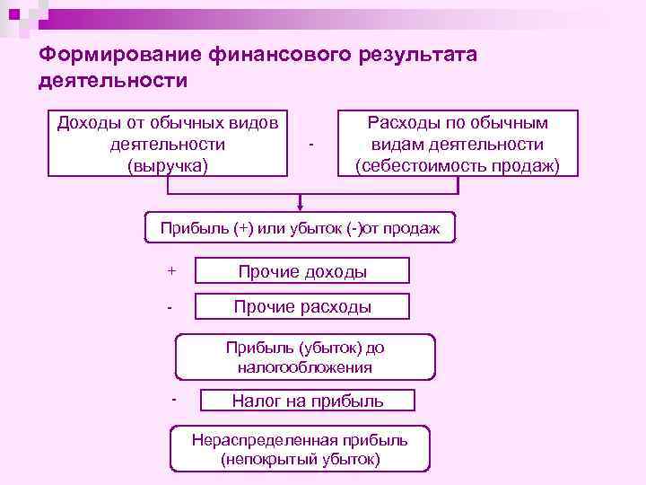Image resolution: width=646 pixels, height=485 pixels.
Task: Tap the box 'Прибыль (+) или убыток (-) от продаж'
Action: click(300, 228)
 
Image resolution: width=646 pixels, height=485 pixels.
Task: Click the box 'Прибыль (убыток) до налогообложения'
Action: click(305, 357)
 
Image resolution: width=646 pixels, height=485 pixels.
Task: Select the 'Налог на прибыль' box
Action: click(308, 401)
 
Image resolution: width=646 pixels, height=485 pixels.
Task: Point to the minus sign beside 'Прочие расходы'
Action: click(170, 307)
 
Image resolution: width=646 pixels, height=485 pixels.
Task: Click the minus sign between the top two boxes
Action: click(310, 145)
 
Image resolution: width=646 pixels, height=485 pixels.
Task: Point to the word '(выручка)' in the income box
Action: click(168, 165)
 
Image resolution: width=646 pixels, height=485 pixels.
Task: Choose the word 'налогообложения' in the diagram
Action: click(305, 367)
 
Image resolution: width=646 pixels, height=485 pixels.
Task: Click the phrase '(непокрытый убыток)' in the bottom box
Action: click(300, 459)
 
